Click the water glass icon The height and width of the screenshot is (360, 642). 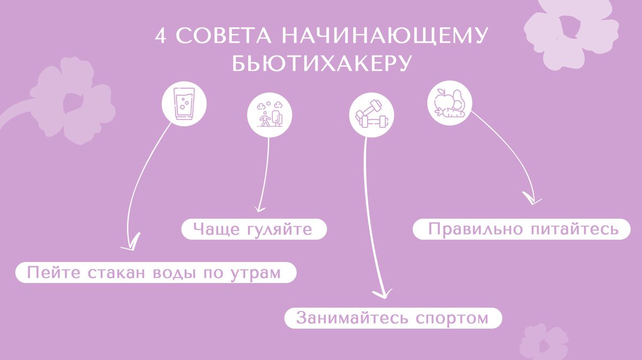point(184,102)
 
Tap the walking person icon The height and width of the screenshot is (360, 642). point(269,116)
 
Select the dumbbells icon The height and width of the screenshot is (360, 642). point(372,116)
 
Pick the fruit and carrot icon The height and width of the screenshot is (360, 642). point(449,103)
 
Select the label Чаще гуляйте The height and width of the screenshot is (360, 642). point(253,229)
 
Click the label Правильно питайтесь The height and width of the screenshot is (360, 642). point(523,229)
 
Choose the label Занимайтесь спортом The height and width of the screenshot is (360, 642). point(393,318)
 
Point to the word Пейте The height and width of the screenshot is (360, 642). point(50,273)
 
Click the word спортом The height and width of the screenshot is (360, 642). point(452,318)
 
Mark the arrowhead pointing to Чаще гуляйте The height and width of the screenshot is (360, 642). point(259,208)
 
